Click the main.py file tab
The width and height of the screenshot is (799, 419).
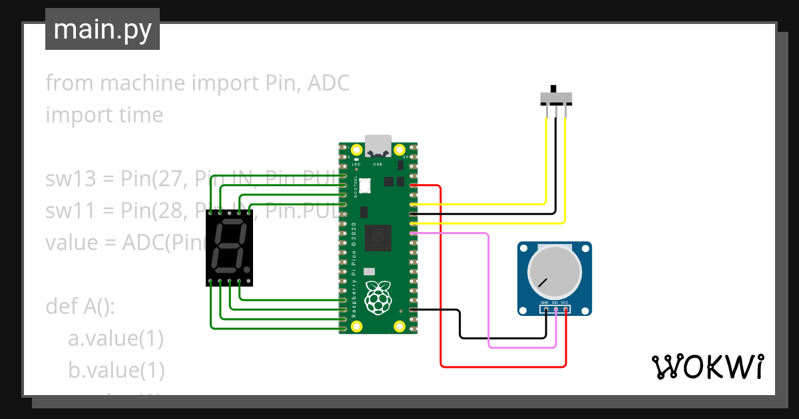pos(103,30)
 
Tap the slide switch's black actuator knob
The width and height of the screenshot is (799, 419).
pos(553,89)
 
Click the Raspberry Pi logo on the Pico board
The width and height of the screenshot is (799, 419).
pos(378,297)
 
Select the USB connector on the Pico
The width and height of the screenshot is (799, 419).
pos(378,143)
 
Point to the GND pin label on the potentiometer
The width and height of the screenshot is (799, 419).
pos(545,303)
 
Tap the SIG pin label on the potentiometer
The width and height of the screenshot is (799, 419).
pos(555,303)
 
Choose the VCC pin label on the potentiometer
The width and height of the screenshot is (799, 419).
pos(565,303)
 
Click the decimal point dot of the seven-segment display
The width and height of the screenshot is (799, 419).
pos(247,269)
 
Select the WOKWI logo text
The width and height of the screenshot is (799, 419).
pos(707,366)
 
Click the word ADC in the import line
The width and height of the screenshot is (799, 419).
pos(328,83)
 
